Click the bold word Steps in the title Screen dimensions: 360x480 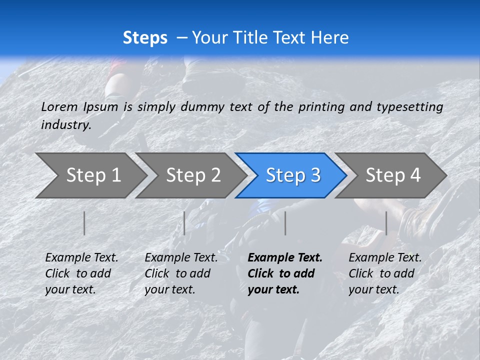(x=145, y=38)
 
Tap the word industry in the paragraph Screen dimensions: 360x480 (x=66, y=124)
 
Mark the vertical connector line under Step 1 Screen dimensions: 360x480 (x=84, y=223)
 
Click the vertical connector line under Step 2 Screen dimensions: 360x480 (x=184, y=223)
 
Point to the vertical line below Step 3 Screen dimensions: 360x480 (x=285, y=223)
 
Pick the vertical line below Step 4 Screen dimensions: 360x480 (x=386, y=223)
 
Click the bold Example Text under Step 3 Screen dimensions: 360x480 (x=285, y=258)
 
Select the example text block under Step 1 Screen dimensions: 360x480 (x=81, y=273)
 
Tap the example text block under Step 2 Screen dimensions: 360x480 (x=181, y=273)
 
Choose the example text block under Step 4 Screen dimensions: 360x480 (x=385, y=273)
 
